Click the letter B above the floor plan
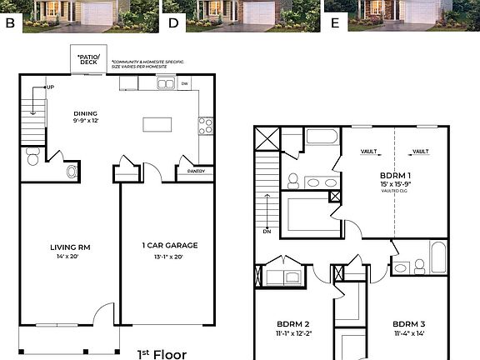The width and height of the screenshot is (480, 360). [x=10, y=22]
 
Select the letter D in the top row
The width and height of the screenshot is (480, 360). [x=173, y=22]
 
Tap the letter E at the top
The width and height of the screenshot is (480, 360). [x=335, y=22]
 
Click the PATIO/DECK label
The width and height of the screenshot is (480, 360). [x=87, y=60]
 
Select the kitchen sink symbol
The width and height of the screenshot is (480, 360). [x=166, y=83]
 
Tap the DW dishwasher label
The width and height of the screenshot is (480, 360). [x=185, y=83]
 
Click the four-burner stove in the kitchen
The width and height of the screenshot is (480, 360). [x=204, y=126]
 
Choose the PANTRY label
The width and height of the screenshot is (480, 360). [x=196, y=171]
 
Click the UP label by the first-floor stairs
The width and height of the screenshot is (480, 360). [x=49, y=87]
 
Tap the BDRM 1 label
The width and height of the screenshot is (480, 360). [x=397, y=176]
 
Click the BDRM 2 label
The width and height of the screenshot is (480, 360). [x=293, y=324]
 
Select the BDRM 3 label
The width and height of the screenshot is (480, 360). [x=409, y=324]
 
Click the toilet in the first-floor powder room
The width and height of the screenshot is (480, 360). [x=33, y=156]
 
